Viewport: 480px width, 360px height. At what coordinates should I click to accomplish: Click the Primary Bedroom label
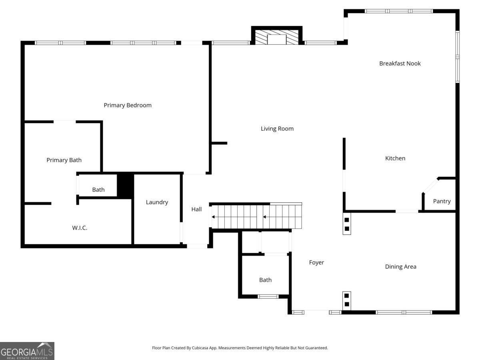pos(128,105)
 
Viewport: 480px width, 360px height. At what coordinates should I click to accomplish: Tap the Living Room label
pos(277,129)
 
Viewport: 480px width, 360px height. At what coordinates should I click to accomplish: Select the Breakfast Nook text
pos(400,63)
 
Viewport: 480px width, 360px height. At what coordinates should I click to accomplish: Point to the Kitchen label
pos(395,158)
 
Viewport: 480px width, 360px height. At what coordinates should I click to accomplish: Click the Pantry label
pos(442,201)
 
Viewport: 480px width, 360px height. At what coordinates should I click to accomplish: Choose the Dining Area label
pos(401,267)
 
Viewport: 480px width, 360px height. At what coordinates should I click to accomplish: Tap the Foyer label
pos(316,262)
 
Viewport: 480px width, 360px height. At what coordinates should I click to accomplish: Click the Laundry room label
pos(157,202)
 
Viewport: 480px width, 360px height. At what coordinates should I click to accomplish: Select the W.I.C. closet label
pos(80,228)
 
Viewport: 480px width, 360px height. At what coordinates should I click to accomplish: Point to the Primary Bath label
pos(64,160)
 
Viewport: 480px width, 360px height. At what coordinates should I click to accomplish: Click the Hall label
pos(196,209)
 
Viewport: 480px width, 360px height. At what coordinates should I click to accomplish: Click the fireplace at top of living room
pos(277,36)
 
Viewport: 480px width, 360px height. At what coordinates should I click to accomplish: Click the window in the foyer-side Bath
pos(268,297)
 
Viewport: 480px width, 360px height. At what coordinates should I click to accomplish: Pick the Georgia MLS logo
pos(27,351)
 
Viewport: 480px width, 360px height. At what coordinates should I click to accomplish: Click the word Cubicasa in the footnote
pos(200,348)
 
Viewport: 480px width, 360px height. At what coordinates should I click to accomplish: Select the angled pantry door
pos(430,186)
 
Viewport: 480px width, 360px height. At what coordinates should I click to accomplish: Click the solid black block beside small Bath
pos(125,186)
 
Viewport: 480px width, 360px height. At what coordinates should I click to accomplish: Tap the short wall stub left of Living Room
pos(219,143)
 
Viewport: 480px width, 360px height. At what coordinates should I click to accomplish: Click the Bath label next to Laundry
pos(98,190)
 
